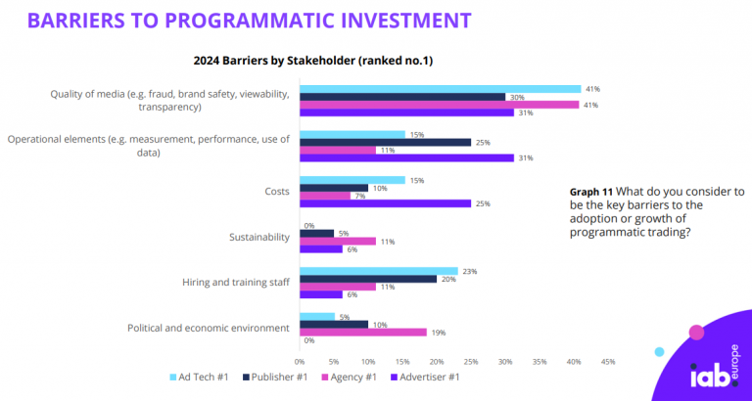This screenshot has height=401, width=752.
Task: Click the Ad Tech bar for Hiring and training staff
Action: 379,271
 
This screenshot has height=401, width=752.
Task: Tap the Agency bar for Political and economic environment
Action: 363,332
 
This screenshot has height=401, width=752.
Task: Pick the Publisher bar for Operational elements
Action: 385,142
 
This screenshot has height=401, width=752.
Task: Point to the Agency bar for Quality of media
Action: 440,105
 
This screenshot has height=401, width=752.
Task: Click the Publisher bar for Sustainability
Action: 316,233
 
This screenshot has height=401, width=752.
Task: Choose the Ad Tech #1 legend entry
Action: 201,377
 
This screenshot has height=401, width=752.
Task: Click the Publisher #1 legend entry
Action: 278,377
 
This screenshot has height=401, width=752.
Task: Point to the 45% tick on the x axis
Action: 607,361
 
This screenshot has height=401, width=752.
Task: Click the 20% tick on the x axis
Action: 436,361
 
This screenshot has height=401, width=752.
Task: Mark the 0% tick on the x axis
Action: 300,361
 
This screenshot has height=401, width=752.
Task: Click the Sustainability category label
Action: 258,237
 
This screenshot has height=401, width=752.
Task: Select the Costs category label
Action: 276,192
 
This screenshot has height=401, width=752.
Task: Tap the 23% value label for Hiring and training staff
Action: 469,271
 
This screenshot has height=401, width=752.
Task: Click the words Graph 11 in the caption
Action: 593,192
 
